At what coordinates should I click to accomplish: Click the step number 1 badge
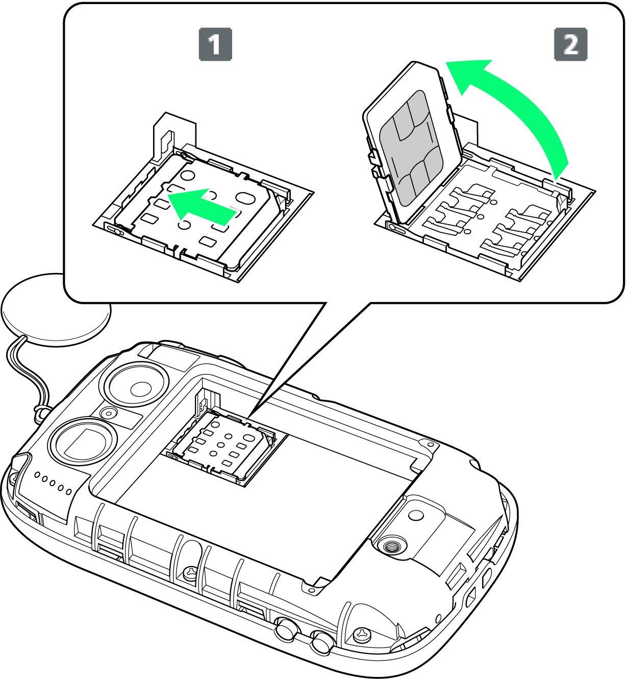coord(215,44)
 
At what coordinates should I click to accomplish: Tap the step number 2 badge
coord(570,44)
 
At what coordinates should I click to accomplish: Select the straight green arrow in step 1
coord(202,206)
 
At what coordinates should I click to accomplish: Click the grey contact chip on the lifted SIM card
coord(411,148)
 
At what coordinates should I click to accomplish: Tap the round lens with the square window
coord(84,444)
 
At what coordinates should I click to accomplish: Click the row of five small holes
coord(53,483)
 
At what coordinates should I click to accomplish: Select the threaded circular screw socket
coord(392,546)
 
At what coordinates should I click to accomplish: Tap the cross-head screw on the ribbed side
coord(190,571)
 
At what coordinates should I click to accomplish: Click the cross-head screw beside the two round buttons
coord(362,635)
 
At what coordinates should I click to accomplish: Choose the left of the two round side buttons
coord(286,628)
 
